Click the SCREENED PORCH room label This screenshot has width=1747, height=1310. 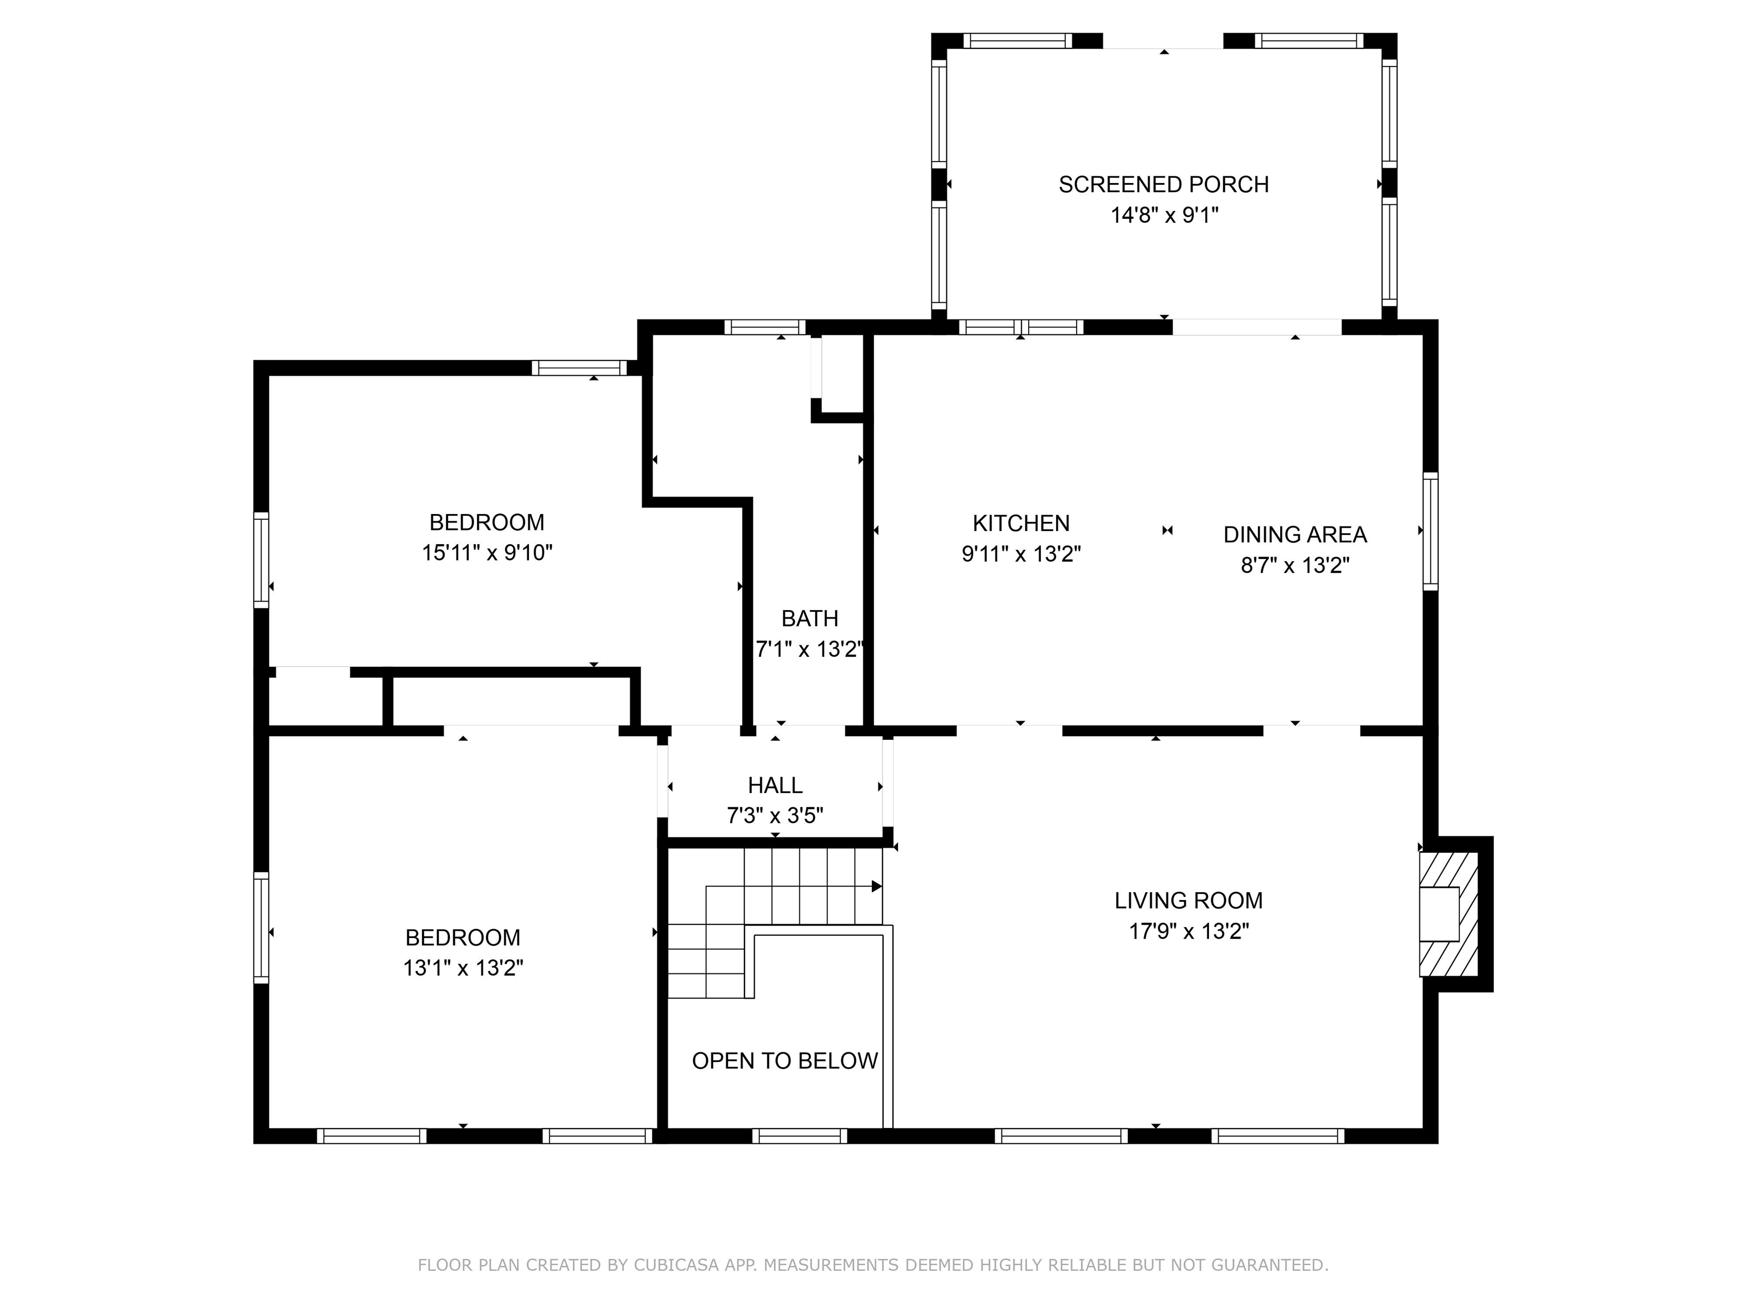(1164, 185)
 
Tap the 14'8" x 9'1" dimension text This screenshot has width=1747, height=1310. (1164, 215)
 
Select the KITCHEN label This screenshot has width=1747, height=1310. (1020, 524)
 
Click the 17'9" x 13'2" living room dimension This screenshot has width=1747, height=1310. (1188, 932)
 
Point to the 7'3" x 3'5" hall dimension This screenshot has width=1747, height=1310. (775, 816)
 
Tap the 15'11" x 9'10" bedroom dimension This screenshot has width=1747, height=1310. (486, 553)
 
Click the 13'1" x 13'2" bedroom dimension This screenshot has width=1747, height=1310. (463, 968)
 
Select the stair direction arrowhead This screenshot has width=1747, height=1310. (876, 887)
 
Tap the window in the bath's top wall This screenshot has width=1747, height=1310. (764, 327)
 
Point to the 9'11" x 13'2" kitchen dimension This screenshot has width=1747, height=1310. (1020, 554)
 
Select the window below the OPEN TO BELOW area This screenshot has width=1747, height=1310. (799, 1136)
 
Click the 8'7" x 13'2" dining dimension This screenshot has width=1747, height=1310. (1294, 565)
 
